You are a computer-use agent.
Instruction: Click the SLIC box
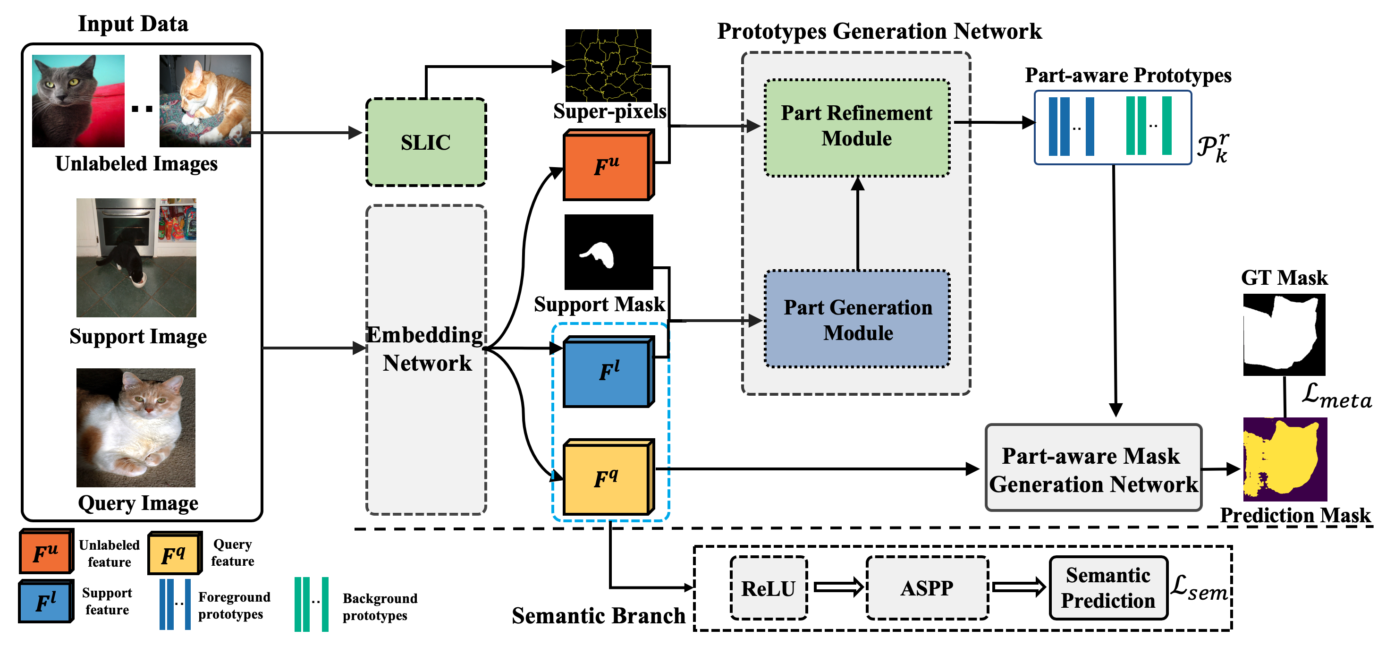click(426, 142)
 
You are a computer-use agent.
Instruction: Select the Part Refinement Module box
click(856, 127)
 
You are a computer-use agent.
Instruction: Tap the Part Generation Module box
click(857, 319)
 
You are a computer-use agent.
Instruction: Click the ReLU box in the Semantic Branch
click(769, 588)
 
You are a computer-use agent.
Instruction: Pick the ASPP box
click(927, 588)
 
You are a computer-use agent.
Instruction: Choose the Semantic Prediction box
click(1108, 588)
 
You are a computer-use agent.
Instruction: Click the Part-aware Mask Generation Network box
click(1093, 468)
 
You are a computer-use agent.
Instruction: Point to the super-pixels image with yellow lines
click(608, 65)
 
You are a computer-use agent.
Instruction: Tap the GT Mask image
click(1284, 334)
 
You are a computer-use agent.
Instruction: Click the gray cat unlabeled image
click(78, 101)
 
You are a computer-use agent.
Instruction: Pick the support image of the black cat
click(136, 257)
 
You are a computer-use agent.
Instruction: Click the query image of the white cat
click(135, 427)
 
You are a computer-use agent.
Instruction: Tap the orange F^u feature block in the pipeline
click(607, 165)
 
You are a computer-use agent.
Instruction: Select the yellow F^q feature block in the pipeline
click(607, 477)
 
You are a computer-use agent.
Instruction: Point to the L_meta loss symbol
click(1336, 396)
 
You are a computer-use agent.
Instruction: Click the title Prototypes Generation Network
click(879, 31)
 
